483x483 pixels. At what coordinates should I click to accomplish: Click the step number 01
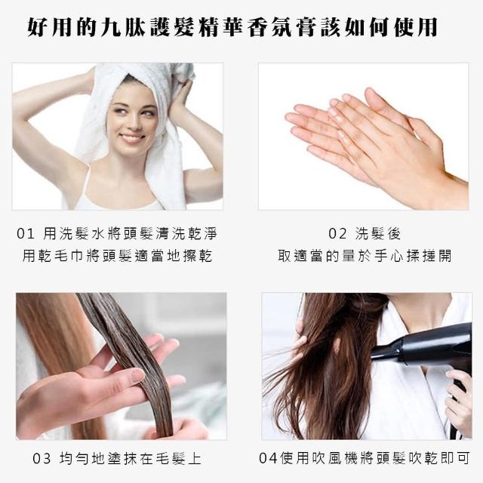[26, 234]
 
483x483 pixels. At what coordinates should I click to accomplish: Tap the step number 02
[337, 234]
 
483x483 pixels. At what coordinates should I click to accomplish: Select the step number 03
[42, 459]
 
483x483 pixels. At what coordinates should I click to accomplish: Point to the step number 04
[268, 458]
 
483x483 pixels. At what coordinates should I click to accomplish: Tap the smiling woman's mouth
[132, 137]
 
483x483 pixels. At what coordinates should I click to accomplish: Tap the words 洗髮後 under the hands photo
[378, 234]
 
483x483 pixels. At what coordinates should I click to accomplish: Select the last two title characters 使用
[416, 28]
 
